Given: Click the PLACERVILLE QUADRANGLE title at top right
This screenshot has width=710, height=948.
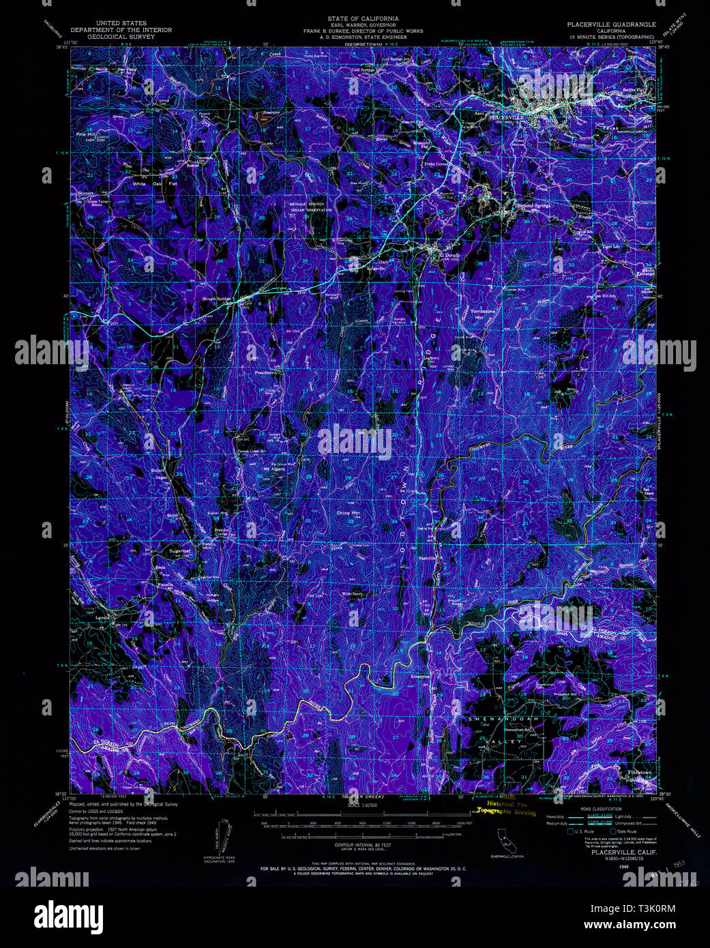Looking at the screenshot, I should point(611,24).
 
